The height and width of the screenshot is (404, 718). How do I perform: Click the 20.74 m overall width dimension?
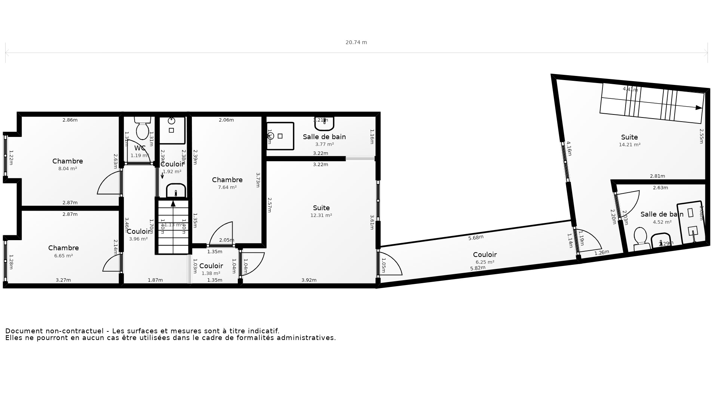356,43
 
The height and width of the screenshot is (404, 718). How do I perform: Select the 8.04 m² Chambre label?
68,161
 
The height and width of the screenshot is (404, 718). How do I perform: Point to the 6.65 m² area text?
64,256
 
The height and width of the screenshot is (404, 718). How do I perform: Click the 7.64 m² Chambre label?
227,180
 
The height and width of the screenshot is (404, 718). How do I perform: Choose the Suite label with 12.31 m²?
321,208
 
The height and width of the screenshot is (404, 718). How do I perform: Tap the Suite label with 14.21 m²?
629,137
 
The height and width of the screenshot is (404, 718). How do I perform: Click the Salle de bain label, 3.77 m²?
324,137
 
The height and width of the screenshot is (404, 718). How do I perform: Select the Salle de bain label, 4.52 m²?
662,214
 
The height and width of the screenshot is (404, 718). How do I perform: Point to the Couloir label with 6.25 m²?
485,255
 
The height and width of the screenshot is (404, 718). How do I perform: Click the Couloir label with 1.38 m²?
211,266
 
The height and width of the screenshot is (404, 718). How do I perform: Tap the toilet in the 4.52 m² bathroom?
641,237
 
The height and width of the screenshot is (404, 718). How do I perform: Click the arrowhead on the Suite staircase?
699,108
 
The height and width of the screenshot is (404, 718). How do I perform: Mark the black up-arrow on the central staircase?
173,204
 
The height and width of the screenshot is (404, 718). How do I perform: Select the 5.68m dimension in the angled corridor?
476,238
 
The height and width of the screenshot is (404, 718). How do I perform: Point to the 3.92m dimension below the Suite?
309,280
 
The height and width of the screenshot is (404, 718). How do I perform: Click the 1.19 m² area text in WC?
139,156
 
